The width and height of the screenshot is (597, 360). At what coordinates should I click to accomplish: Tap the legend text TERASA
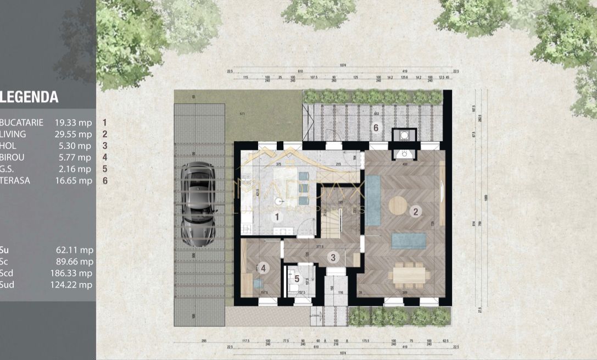(x=15, y=180)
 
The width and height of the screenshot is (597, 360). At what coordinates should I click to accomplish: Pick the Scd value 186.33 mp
(x=74, y=273)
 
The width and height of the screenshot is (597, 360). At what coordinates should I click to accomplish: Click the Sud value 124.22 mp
(x=74, y=284)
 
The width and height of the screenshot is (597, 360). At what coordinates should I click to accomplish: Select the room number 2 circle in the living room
(x=416, y=211)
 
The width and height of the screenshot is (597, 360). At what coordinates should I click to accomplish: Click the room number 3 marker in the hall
(x=332, y=256)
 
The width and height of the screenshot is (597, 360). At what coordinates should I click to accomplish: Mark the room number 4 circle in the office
(x=264, y=268)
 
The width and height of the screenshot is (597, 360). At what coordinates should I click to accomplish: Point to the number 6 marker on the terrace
(x=376, y=128)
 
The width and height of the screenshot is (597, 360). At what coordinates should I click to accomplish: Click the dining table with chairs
(x=409, y=273)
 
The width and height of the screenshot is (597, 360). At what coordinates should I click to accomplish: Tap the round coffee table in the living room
(x=398, y=206)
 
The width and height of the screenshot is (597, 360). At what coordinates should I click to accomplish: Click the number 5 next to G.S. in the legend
(x=104, y=169)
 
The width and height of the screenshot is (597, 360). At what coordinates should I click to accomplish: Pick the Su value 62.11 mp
(x=75, y=250)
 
